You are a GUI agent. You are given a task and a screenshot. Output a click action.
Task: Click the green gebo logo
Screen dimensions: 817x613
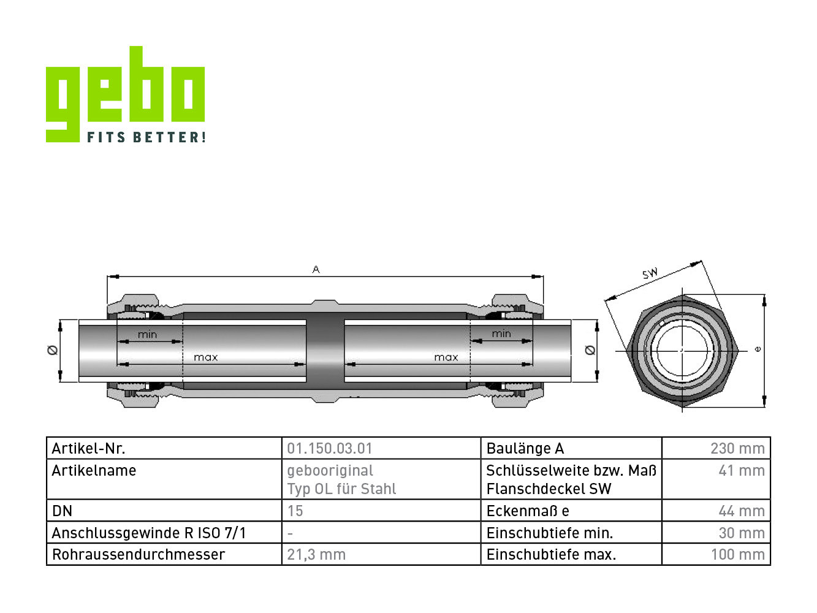tap(125, 94)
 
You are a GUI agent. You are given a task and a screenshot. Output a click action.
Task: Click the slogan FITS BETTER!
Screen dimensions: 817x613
tap(146, 137)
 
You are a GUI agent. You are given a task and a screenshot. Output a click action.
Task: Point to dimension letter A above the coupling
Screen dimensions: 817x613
tap(316, 269)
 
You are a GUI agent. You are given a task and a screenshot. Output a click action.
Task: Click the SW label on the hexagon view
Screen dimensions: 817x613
tap(650, 273)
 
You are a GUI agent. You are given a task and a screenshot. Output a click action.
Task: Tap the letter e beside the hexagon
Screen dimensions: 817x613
tap(758, 349)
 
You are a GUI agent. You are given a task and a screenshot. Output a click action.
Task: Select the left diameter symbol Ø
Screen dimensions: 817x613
tap(53, 350)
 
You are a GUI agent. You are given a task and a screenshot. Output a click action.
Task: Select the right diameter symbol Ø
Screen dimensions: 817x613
tap(590, 350)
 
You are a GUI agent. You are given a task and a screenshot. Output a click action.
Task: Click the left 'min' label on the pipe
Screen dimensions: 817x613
tap(147, 335)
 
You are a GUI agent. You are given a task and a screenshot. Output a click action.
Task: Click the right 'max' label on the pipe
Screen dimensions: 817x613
tap(446, 357)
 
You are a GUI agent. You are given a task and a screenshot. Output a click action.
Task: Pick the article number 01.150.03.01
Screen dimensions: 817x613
tap(329, 449)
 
